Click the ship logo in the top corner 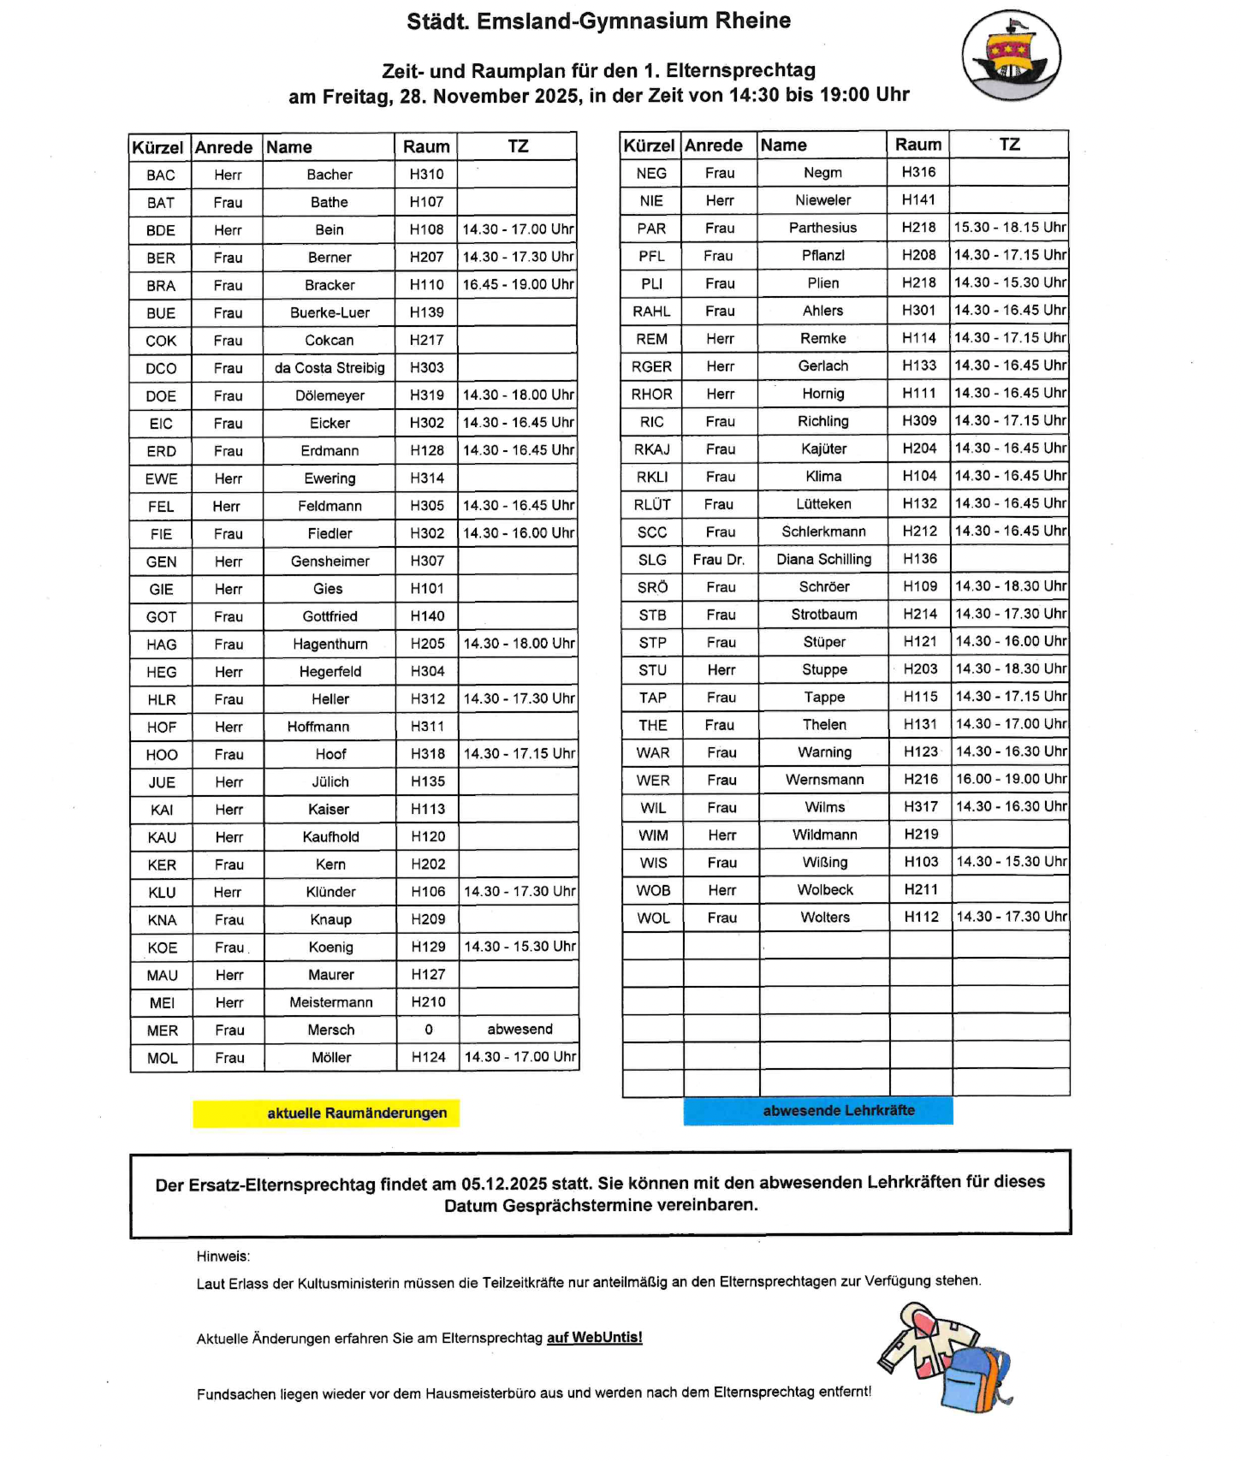(x=1011, y=56)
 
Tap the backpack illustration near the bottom (x=977, y=1379)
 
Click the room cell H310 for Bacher (x=426, y=175)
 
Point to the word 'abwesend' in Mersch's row (x=520, y=1029)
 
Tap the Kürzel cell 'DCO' (x=161, y=368)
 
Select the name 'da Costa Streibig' (x=330, y=368)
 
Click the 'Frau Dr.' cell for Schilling (x=719, y=559)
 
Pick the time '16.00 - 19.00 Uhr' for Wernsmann (x=1011, y=779)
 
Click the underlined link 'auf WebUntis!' (x=594, y=1337)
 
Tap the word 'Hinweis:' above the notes (x=223, y=1256)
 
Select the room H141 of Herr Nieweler (x=918, y=199)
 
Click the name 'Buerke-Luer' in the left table (x=330, y=312)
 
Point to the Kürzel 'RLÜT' (x=652, y=504)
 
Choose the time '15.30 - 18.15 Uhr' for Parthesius (x=1010, y=227)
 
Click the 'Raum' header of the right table (x=918, y=145)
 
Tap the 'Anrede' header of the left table (x=223, y=147)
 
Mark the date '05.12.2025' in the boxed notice (x=503, y=1184)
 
